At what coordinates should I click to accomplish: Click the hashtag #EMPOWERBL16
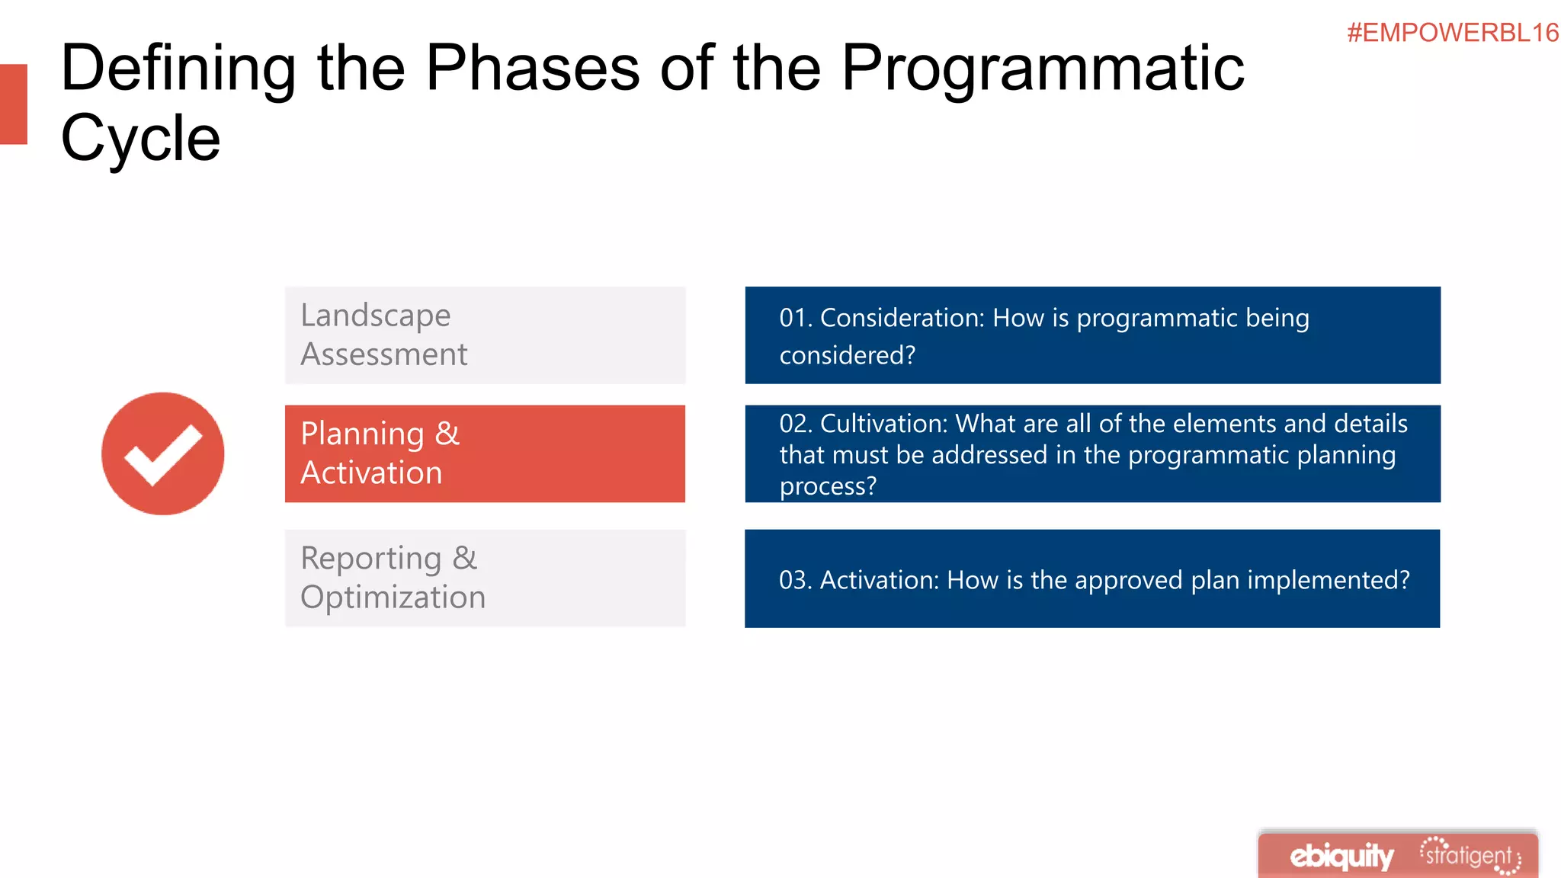(x=1452, y=33)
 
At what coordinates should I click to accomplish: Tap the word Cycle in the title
(x=140, y=139)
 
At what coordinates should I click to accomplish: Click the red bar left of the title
(x=13, y=104)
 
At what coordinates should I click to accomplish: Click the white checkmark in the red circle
(x=163, y=454)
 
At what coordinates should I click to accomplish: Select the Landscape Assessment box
(x=485, y=335)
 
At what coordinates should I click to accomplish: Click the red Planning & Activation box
(x=485, y=453)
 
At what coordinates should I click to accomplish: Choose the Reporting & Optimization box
(x=485, y=578)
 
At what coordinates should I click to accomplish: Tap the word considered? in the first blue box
(x=847, y=355)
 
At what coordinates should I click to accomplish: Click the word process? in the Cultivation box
(x=828, y=486)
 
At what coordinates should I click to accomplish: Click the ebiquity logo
(x=1341, y=856)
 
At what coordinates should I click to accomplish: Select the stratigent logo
(x=1470, y=856)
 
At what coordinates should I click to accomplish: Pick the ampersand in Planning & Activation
(x=447, y=434)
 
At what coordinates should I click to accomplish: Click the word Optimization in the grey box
(x=393, y=598)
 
